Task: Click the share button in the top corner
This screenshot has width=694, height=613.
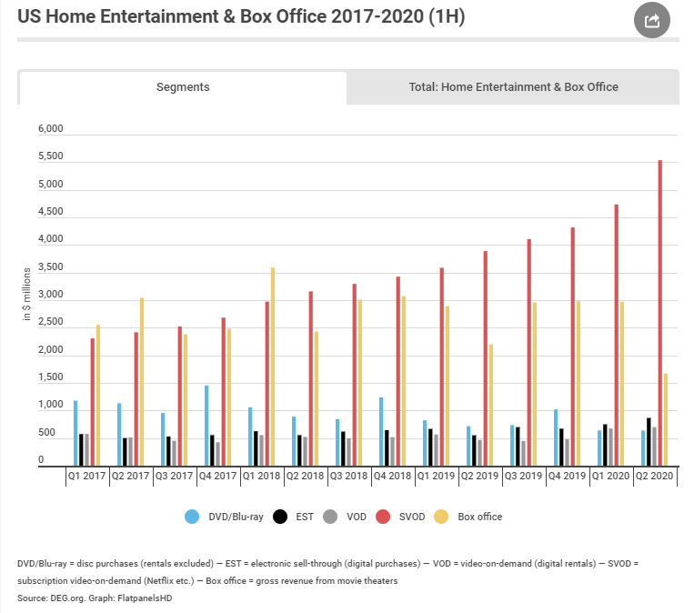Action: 652,20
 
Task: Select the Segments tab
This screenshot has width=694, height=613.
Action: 183,87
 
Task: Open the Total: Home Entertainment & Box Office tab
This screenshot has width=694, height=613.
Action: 513,87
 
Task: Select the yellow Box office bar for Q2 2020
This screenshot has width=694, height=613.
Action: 666,419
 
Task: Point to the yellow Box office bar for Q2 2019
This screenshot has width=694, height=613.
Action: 491,405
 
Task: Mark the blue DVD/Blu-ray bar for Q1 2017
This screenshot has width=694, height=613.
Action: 75,433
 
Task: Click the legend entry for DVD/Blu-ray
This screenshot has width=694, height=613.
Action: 225,517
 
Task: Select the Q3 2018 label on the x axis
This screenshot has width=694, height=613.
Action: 349,475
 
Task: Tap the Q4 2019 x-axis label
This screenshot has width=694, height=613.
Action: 568,475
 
